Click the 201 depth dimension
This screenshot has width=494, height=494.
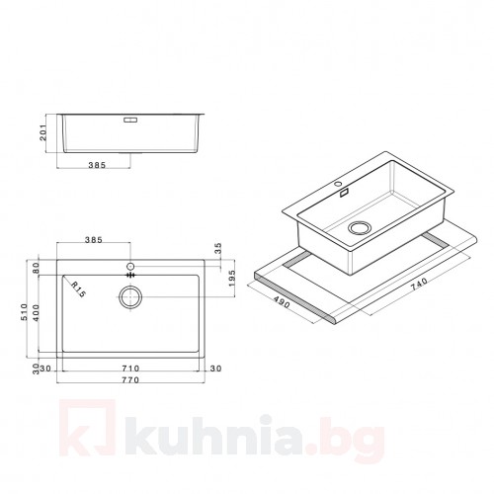[x=43, y=132]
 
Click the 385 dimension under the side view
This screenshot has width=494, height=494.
[x=97, y=164]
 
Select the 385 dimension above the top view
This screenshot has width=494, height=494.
[x=94, y=240]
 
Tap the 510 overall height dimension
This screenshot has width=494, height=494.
[x=24, y=312]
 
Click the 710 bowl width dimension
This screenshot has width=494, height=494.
[x=130, y=369]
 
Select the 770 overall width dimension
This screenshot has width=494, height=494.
[x=130, y=380]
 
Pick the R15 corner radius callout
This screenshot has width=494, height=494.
[x=78, y=289]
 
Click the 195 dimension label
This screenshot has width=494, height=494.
[x=231, y=279]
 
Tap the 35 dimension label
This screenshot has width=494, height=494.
[x=218, y=248]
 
